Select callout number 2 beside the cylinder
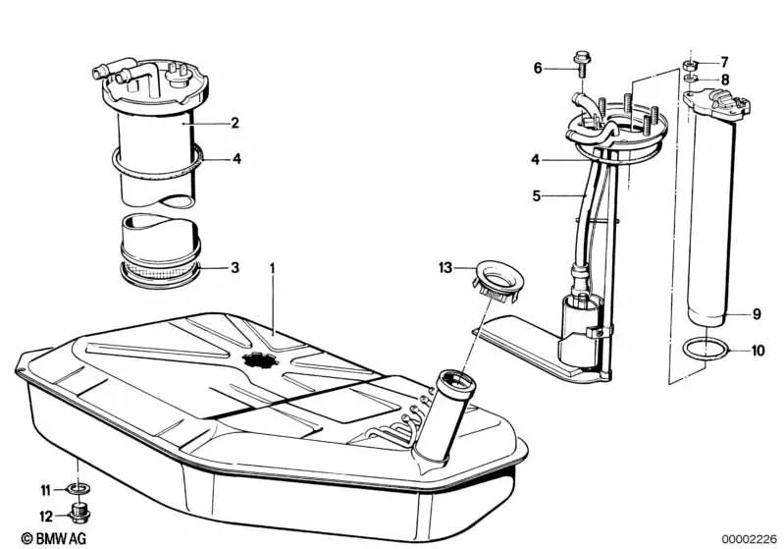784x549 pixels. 235,124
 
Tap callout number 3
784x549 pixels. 235,267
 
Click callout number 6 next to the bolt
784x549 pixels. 538,68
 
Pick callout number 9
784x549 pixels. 757,315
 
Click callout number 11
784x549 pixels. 44,489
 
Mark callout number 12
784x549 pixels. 44,515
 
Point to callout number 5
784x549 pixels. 536,195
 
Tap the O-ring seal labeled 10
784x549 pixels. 705,350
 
